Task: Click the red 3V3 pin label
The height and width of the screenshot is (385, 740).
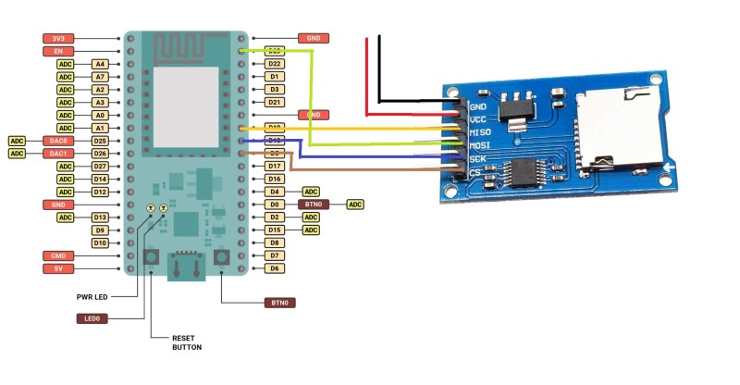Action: coord(57,38)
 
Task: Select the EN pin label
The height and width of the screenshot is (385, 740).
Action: coord(57,51)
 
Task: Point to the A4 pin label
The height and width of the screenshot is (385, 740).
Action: coord(100,64)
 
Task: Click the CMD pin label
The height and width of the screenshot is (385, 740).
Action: coord(57,255)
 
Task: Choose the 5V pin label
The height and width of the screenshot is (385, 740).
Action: coord(57,268)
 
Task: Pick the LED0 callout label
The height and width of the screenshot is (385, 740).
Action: coord(92,317)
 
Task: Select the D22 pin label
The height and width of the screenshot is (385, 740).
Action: coord(274,64)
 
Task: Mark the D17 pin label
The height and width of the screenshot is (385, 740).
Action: coord(274,166)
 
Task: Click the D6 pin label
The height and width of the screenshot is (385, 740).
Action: coord(274,268)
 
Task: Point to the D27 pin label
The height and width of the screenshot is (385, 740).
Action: coord(100,166)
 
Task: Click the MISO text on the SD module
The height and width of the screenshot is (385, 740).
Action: coord(480,132)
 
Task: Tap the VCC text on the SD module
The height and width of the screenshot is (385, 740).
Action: coord(479,119)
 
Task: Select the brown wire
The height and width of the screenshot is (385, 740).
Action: coord(370,169)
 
